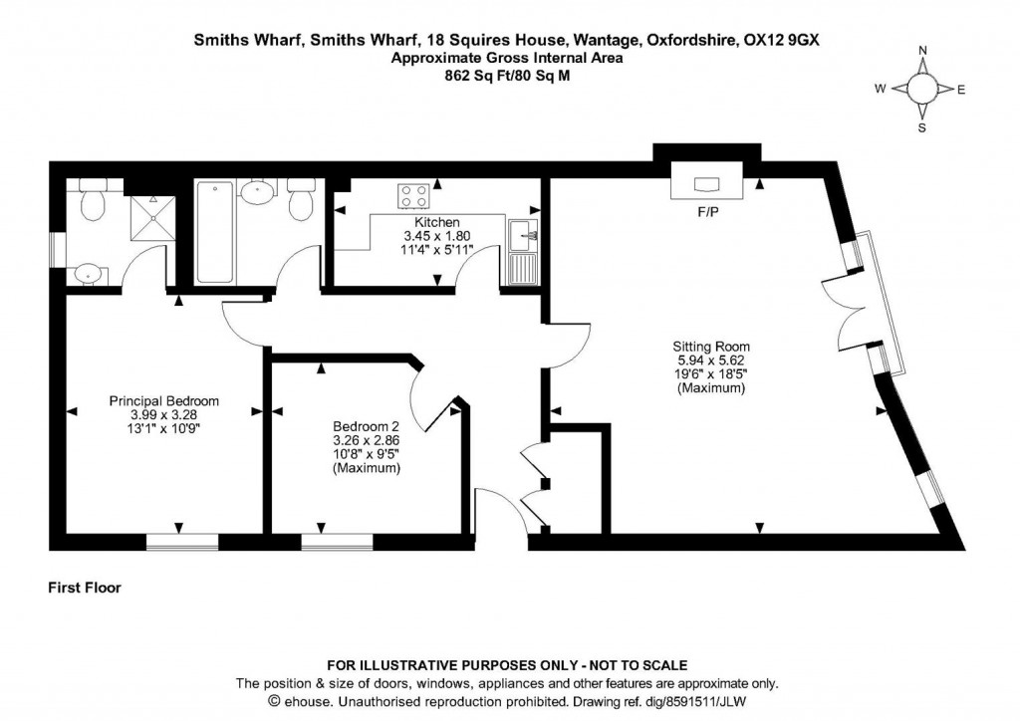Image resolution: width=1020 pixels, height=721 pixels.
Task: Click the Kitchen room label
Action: tap(437, 222)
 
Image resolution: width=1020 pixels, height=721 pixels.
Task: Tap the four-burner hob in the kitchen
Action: tap(413, 196)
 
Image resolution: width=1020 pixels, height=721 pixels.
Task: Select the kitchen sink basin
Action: tap(522, 235)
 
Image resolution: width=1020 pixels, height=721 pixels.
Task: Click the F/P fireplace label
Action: tap(708, 212)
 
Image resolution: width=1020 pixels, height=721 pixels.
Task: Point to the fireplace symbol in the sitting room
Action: tap(707, 180)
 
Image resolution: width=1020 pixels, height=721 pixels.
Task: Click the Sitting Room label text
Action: tap(711, 347)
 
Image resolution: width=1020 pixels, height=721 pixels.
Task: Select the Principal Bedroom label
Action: tap(164, 401)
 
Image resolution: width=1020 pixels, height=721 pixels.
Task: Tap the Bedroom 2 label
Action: tap(366, 426)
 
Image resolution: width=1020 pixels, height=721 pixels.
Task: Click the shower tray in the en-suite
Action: tap(152, 217)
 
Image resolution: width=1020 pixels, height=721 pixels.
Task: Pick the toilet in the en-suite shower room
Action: tap(93, 201)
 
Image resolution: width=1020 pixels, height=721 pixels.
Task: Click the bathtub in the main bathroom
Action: tap(215, 232)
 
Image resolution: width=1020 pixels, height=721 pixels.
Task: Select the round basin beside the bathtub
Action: tap(258, 192)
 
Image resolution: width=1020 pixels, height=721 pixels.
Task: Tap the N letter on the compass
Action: tap(922, 51)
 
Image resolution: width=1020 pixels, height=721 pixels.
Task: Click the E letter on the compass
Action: tap(961, 90)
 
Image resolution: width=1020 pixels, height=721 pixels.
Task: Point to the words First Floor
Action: tap(85, 588)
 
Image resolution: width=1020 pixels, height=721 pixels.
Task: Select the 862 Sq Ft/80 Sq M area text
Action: tap(507, 76)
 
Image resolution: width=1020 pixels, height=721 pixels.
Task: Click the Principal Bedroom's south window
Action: tap(182, 542)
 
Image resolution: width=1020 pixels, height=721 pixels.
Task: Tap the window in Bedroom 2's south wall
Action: tap(337, 542)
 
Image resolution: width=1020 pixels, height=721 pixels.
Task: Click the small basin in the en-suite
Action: tap(89, 274)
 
